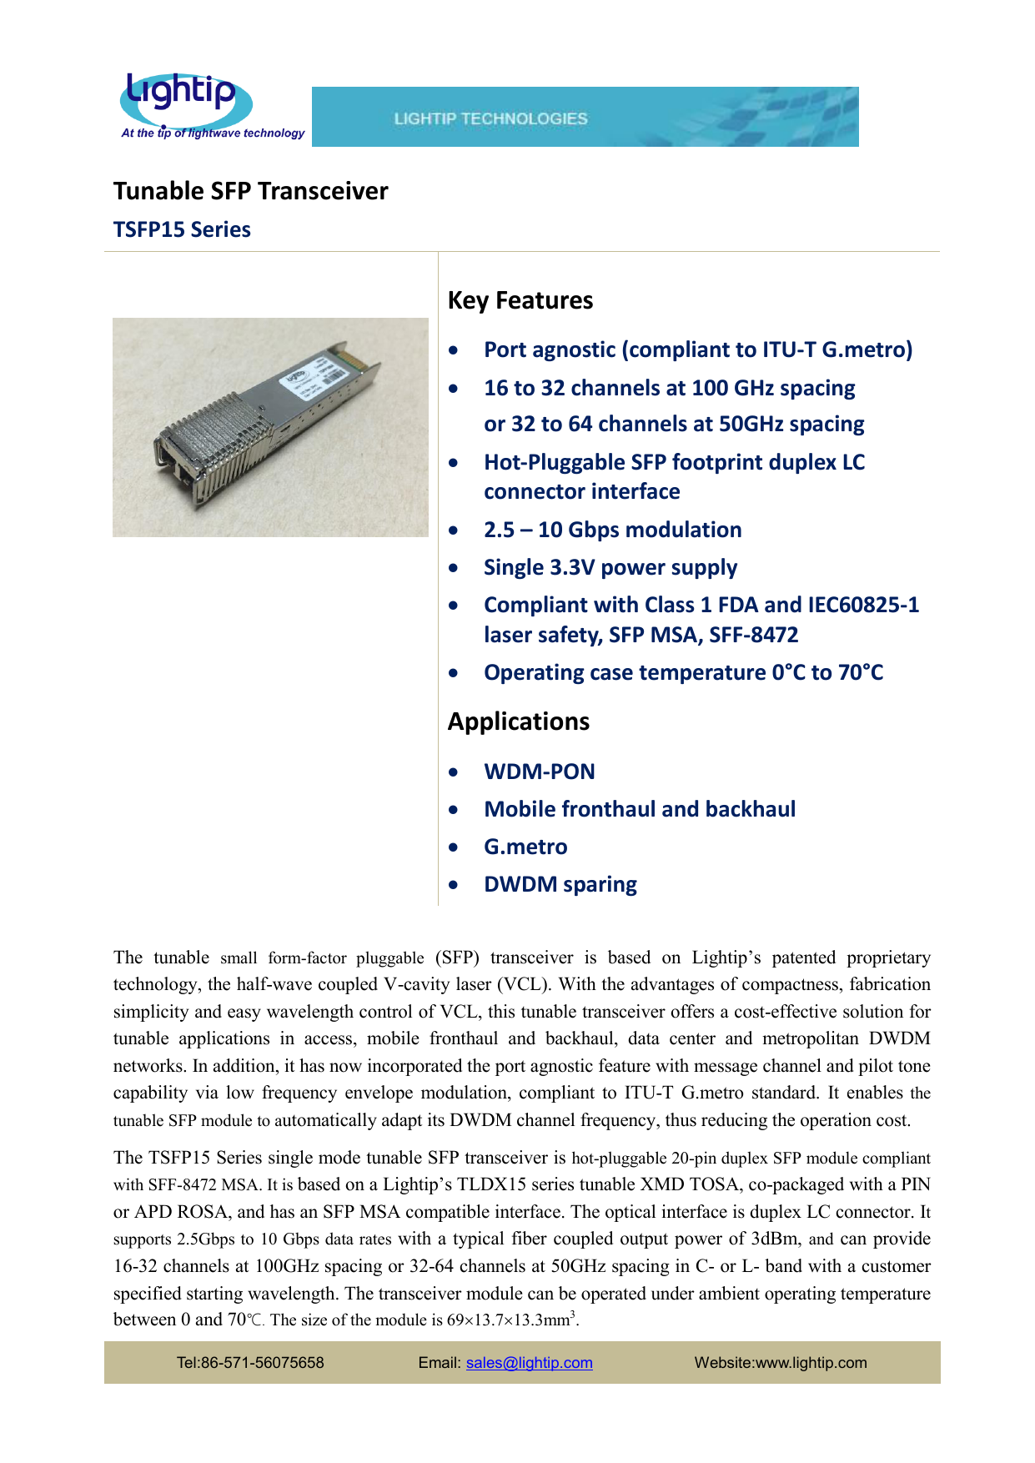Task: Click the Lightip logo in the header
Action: [x=185, y=98]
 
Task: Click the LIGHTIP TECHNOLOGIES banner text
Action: [x=490, y=118]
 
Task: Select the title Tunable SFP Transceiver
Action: [x=250, y=191]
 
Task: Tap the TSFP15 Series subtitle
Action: [x=182, y=229]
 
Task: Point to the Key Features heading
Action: [x=520, y=300]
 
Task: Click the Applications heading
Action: [x=518, y=721]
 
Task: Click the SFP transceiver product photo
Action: [x=270, y=427]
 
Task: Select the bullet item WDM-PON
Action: [x=539, y=772]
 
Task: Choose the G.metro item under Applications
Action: [x=525, y=847]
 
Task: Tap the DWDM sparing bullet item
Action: [x=560, y=884]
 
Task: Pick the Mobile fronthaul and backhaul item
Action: [x=639, y=809]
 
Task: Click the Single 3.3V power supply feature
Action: [x=610, y=567]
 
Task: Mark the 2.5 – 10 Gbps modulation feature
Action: [x=612, y=530]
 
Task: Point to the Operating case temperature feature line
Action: [x=682, y=672]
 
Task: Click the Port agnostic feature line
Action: [x=697, y=349]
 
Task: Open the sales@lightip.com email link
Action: [x=529, y=1363]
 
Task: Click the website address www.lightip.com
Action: [x=811, y=1363]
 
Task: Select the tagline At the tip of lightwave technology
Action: [x=213, y=133]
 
